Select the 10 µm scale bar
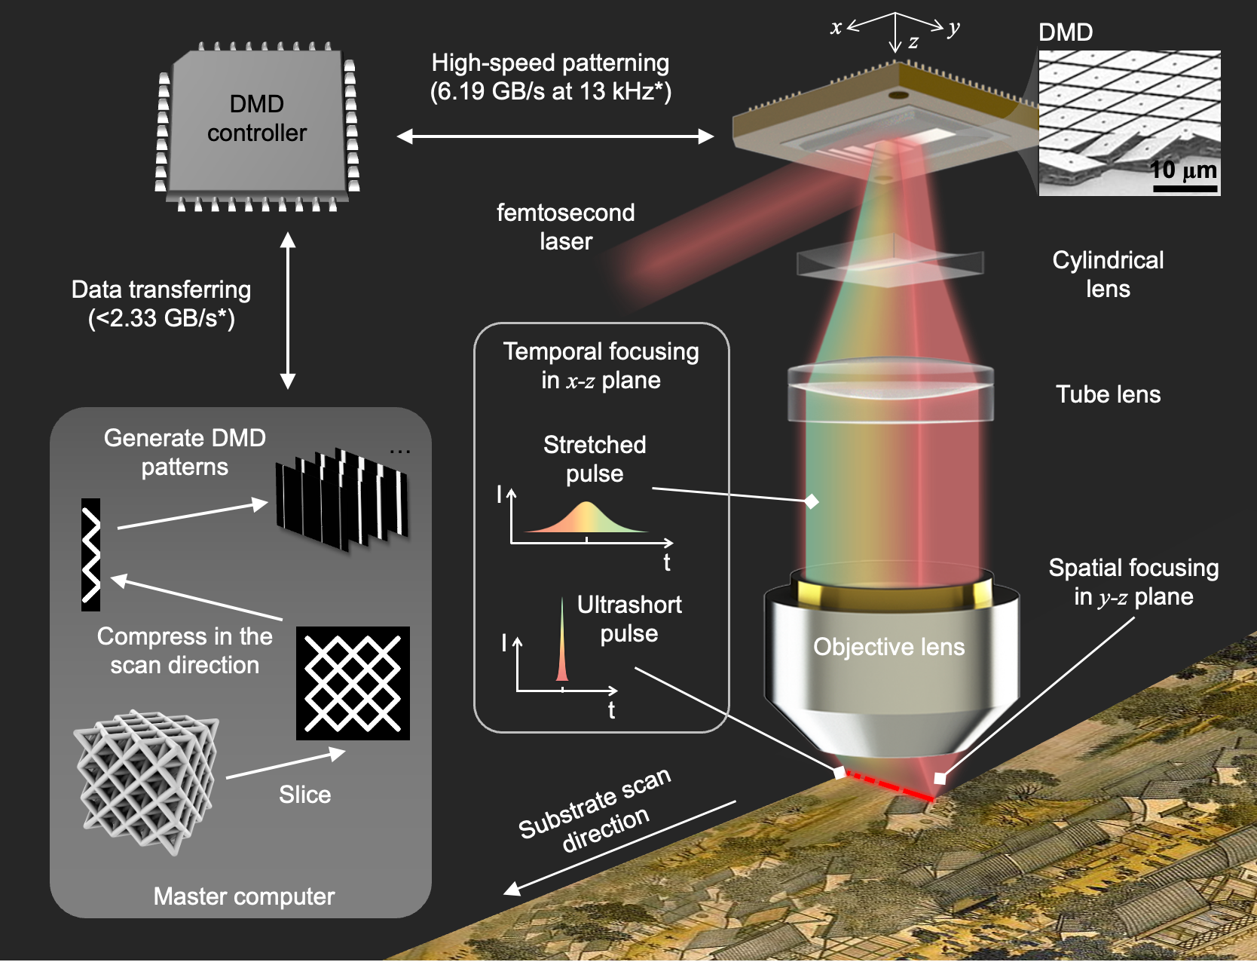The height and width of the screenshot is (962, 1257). click(1185, 188)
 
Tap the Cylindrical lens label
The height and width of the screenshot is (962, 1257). click(1108, 274)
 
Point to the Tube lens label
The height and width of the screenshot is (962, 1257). click(1108, 394)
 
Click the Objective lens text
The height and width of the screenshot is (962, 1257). click(888, 647)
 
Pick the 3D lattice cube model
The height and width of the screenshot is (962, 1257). click(146, 781)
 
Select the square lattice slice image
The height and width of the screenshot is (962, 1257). click(353, 683)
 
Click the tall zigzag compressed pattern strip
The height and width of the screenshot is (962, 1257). click(90, 554)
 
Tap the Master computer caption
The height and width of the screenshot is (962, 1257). click(243, 896)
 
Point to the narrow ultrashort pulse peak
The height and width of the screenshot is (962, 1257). click(561, 641)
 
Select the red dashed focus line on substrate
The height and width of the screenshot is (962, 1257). click(890, 786)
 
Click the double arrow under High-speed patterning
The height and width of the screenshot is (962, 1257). click(555, 136)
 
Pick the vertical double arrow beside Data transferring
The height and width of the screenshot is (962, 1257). click(288, 311)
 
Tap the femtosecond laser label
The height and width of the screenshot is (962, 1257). click(565, 227)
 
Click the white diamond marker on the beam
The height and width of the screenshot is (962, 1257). click(812, 501)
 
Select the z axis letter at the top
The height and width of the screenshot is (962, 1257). click(913, 43)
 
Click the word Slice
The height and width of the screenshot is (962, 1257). click(304, 795)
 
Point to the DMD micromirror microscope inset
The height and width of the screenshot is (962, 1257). click(1129, 123)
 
